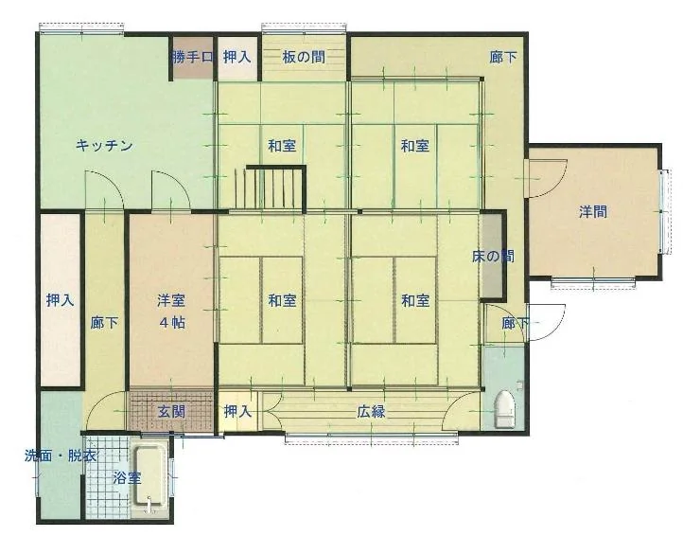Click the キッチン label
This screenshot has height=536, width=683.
104,145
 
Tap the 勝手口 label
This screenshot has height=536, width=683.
193,57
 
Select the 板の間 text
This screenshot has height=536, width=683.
304,57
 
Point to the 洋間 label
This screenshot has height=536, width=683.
593,212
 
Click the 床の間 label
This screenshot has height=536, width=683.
493,256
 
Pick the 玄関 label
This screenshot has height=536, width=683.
171,412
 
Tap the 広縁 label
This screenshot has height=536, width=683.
371,412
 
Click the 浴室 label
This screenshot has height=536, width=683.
127,478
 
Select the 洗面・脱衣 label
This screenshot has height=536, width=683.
61,456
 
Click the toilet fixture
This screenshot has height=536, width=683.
504,408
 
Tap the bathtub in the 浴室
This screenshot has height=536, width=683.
150,477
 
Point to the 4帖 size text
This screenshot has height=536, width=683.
172,323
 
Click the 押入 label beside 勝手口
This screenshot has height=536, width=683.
237,57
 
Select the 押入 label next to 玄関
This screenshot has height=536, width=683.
237,412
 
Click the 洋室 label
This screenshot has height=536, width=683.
171,300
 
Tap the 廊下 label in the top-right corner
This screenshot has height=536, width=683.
503,57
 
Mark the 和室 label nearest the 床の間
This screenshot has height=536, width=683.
415,300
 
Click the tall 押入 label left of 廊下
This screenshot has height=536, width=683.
61,300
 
